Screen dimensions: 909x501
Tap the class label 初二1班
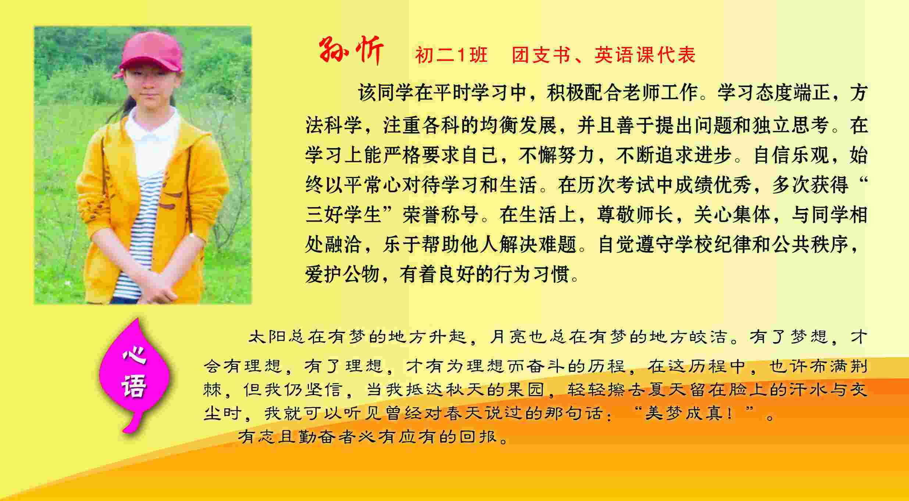pyautogui.click(x=452, y=55)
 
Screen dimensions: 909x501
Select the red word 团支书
pyautogui.click(x=541, y=55)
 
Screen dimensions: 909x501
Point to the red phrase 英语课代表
pyautogui.click(x=645, y=55)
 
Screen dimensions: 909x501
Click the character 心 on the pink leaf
pyautogui.click(x=135, y=355)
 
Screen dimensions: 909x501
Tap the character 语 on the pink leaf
pyautogui.click(x=134, y=386)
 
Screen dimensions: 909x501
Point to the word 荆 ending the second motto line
pyautogui.click(x=859, y=366)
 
